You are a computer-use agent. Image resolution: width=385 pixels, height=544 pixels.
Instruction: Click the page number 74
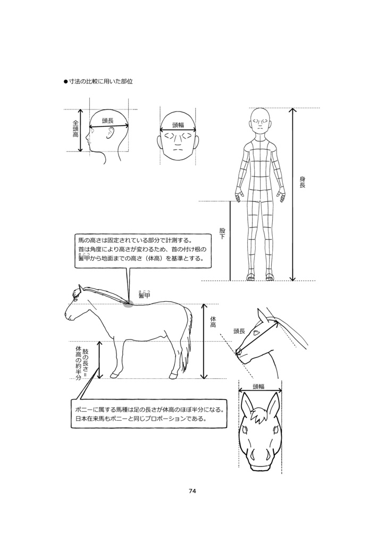click(192, 491)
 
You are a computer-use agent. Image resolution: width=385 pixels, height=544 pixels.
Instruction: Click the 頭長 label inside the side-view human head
click(108, 121)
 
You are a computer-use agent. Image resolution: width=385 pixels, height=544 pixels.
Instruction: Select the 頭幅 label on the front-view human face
click(178, 125)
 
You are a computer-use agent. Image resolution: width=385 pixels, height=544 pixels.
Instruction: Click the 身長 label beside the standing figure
click(302, 182)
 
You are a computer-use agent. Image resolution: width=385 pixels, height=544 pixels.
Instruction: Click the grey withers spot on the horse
click(128, 304)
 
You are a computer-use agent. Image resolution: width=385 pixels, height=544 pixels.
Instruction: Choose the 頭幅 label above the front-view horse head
click(258, 386)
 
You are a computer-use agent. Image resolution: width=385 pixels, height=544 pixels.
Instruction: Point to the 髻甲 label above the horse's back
click(144, 295)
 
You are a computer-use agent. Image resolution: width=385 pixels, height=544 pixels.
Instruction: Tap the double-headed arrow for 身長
click(292, 194)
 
